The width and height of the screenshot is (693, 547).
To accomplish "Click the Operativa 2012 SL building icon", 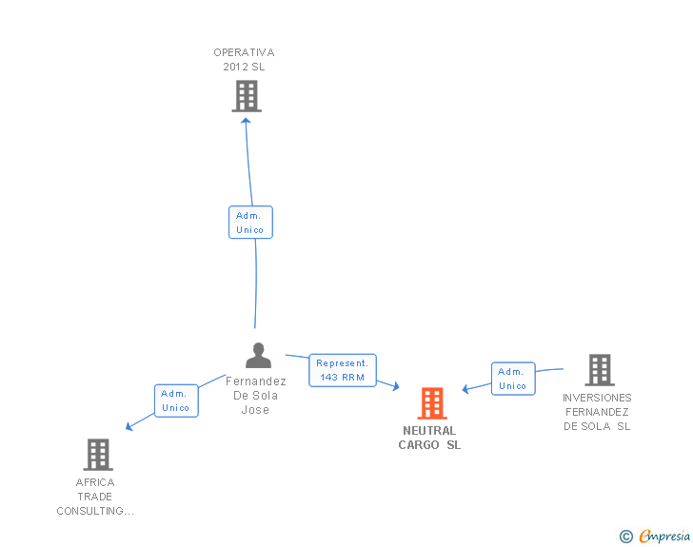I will pyautogui.click(x=247, y=96).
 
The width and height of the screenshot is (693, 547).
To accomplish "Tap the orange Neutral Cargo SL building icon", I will pyautogui.click(x=431, y=403).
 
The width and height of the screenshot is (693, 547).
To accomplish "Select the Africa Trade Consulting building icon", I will pyautogui.click(x=98, y=455).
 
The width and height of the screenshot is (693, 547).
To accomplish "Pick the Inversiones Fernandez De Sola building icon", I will pyautogui.click(x=599, y=370).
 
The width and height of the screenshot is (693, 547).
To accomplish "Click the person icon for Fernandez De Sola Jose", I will pyautogui.click(x=258, y=356).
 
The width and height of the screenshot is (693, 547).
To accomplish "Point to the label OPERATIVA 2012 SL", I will pyautogui.click(x=244, y=60).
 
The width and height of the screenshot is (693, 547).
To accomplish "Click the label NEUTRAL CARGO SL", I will pyautogui.click(x=429, y=439).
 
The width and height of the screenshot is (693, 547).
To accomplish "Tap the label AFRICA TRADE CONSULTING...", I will pyautogui.click(x=95, y=497).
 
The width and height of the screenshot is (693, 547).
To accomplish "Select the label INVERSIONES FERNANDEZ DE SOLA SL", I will pyautogui.click(x=597, y=412).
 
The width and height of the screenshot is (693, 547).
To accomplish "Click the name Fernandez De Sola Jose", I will pyautogui.click(x=256, y=396).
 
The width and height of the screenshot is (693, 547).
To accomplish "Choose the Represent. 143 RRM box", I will pyautogui.click(x=342, y=370).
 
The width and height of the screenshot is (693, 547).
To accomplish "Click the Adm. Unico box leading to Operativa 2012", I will pyautogui.click(x=250, y=223).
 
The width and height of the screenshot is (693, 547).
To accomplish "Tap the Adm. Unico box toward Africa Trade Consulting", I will pyautogui.click(x=175, y=400).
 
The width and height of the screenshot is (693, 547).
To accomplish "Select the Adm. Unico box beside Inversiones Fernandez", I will pyautogui.click(x=512, y=379).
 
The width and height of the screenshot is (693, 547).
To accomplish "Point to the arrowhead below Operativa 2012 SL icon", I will pyautogui.click(x=247, y=121).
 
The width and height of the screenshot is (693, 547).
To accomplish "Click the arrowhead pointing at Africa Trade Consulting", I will pyautogui.click(x=130, y=426).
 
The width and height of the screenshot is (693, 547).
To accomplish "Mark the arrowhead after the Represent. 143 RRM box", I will pyautogui.click(x=394, y=385).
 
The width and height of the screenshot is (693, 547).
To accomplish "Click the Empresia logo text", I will pyautogui.click(x=664, y=536).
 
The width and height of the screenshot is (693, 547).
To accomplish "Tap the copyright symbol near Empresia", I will pyautogui.click(x=625, y=537).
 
